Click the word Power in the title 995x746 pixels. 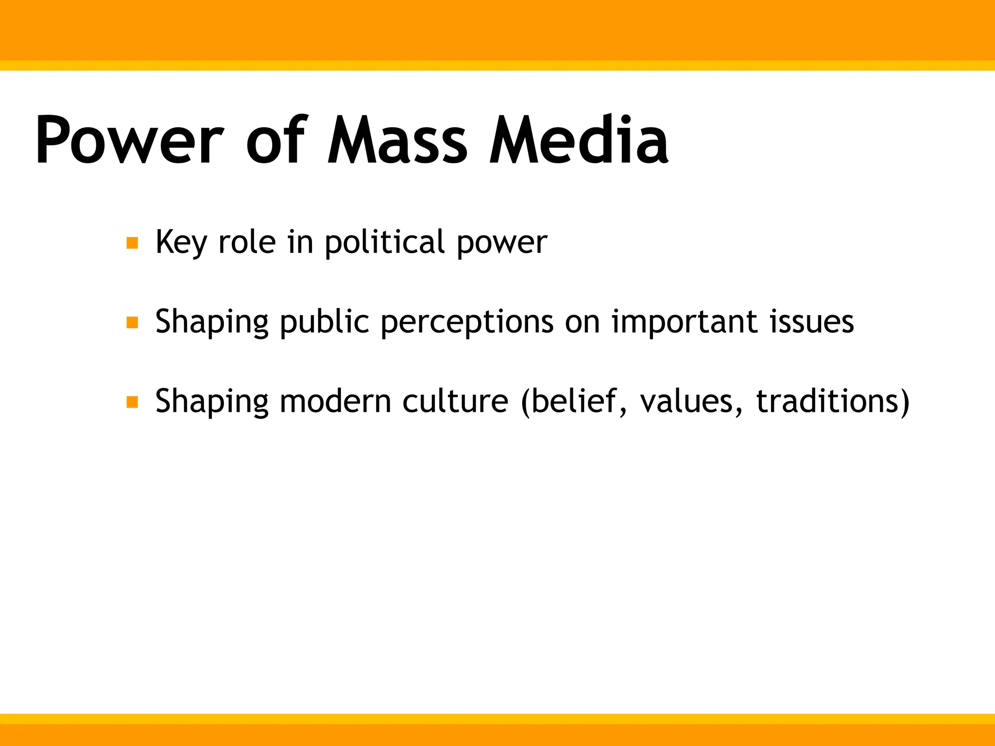129,141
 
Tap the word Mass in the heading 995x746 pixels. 397,141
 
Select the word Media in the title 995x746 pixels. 578,141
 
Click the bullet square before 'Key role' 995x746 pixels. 132,243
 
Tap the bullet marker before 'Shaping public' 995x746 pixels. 132,322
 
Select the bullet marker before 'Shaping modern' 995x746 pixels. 132,402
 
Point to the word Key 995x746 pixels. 181,243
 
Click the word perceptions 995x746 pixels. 467,323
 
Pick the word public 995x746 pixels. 325,323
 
